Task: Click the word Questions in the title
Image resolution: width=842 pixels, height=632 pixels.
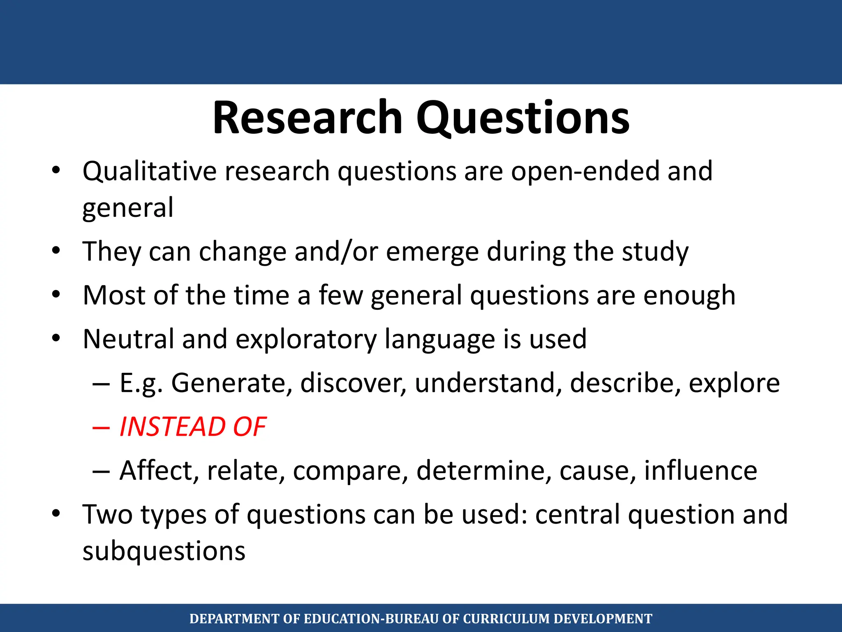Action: (523, 118)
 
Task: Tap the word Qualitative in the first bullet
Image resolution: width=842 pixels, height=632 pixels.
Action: (149, 171)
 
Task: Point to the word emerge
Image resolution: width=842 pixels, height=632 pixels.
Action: (432, 252)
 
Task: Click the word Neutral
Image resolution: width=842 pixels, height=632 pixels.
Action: (128, 339)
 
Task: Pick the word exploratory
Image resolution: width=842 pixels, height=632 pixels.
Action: (306, 339)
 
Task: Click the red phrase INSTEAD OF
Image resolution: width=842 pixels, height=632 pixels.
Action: (192, 427)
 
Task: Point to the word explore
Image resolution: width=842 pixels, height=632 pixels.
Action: (734, 383)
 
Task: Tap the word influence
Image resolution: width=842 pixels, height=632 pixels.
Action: (700, 470)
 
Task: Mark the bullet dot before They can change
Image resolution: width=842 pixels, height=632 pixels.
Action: (56, 251)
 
